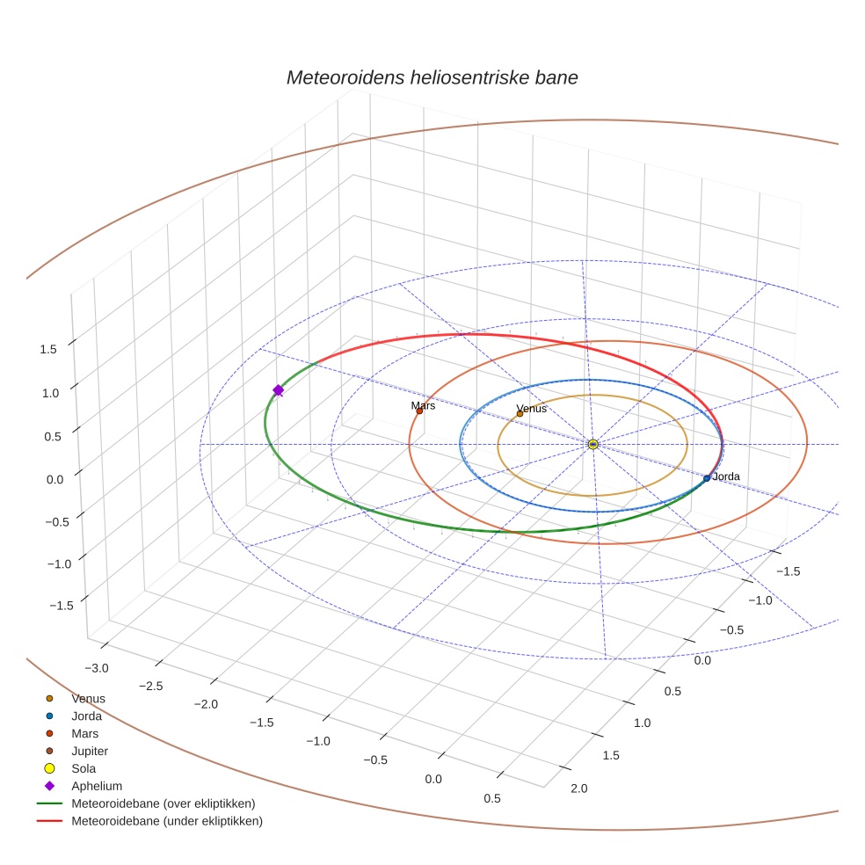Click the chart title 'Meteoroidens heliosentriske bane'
pyautogui.click(x=432, y=77)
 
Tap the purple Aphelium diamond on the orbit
pyautogui.click(x=278, y=390)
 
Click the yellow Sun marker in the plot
pyautogui.click(x=592, y=444)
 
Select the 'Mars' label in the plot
pyautogui.click(x=423, y=406)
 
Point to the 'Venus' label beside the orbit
pyautogui.click(x=531, y=409)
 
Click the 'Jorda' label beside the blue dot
pyautogui.click(x=725, y=476)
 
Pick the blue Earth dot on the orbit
pyautogui.click(x=707, y=478)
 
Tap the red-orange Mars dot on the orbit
pyautogui.click(x=419, y=411)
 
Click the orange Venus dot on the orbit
pyautogui.click(x=520, y=413)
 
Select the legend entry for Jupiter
pyautogui.click(x=90, y=751)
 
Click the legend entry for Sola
pyautogui.click(x=84, y=768)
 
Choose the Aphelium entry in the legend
pyautogui.click(x=96, y=786)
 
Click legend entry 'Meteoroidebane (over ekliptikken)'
pyautogui.click(x=163, y=803)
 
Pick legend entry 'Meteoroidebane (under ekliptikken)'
pyautogui.click(x=166, y=821)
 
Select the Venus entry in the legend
pyautogui.click(x=88, y=699)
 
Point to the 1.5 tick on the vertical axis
pyautogui.click(x=48, y=349)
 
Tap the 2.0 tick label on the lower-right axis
pyautogui.click(x=578, y=789)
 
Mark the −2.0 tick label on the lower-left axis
pyautogui.click(x=205, y=704)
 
